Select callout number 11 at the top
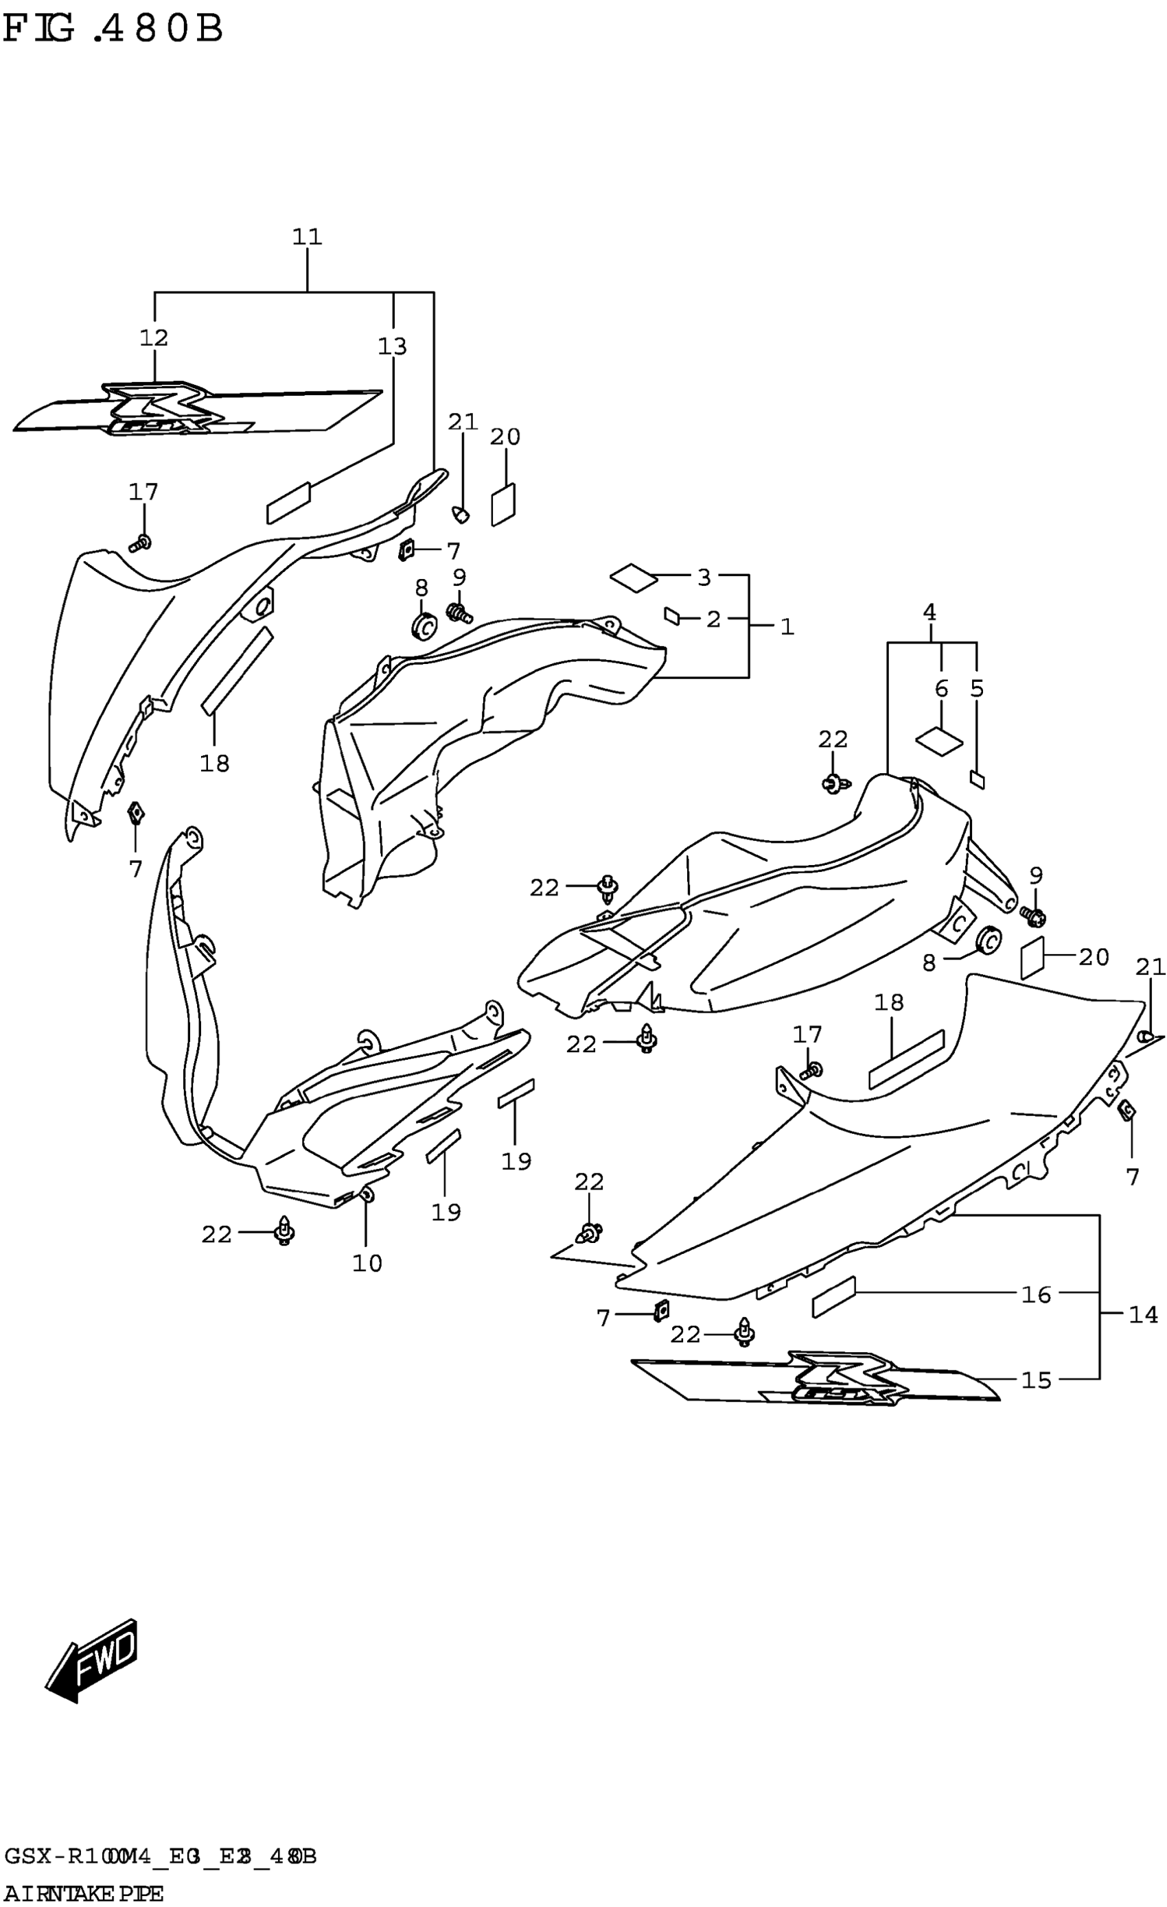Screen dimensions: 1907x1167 click(x=308, y=237)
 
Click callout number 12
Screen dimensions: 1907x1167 click(x=154, y=337)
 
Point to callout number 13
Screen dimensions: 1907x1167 click(x=393, y=346)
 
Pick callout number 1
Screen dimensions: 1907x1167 click(x=787, y=627)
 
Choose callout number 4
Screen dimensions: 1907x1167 click(x=929, y=613)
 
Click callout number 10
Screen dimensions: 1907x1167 click(x=367, y=1263)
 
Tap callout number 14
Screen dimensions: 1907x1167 click(x=1143, y=1314)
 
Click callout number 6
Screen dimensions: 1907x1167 click(x=942, y=688)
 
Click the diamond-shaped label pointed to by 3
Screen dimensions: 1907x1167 click(x=634, y=578)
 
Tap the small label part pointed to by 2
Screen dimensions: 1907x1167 click(x=672, y=616)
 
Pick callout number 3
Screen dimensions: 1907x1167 click(x=704, y=578)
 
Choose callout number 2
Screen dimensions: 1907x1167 click(x=713, y=619)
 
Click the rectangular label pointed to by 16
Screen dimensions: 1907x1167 click(x=834, y=1296)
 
